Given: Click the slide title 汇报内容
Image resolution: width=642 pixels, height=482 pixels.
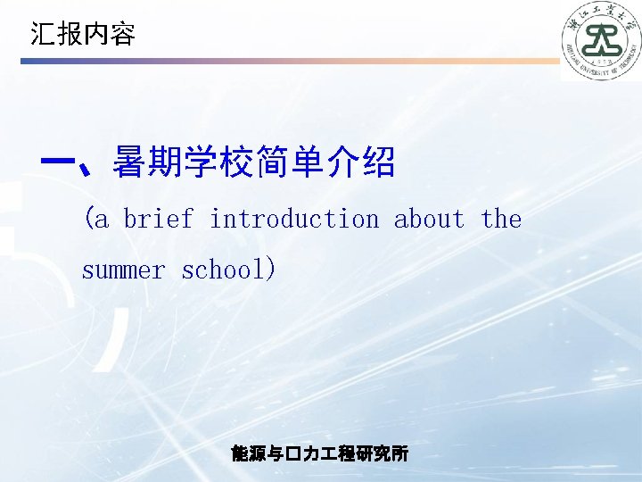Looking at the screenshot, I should click(82, 35).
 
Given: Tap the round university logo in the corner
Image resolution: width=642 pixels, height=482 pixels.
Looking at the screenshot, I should click(601, 40).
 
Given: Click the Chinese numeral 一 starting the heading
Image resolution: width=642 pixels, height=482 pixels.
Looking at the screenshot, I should click(58, 163).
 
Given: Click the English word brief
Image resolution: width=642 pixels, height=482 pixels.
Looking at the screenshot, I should click(158, 219).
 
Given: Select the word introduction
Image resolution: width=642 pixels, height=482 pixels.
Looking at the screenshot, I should click(294, 219).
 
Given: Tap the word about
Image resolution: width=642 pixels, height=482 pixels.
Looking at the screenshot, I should click(429, 219).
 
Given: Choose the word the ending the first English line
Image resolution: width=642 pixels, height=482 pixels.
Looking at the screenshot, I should click(501, 219).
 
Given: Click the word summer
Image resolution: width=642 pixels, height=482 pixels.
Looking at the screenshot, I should click(123, 270).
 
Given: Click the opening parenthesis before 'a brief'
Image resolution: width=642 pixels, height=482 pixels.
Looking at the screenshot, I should click(88, 219).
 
